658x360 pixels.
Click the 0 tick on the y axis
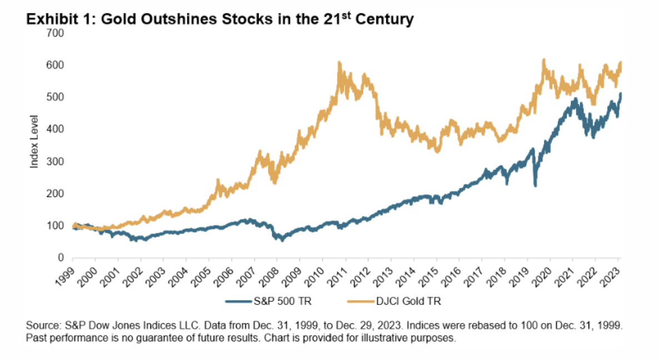pyautogui.click(x=63, y=258)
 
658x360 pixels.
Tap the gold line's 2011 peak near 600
pyautogui.click(x=339, y=63)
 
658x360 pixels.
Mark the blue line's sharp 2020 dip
pyautogui.click(x=535, y=186)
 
